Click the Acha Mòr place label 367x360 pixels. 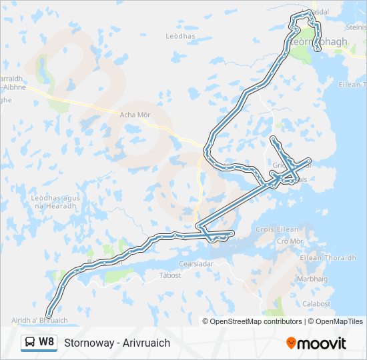click(135, 115)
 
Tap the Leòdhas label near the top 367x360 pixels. click(178, 35)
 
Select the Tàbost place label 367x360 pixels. click(170, 275)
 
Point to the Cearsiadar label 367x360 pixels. click(196, 263)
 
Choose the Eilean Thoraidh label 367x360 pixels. click(329, 258)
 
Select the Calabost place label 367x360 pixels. click(316, 304)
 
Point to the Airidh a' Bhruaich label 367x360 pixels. click(39, 321)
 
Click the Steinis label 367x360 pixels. click(356, 27)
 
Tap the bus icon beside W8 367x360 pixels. click(30, 342)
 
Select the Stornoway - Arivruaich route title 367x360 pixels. click(117, 343)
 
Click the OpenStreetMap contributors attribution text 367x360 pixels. click(256, 321)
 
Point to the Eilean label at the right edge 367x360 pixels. click(352, 85)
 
